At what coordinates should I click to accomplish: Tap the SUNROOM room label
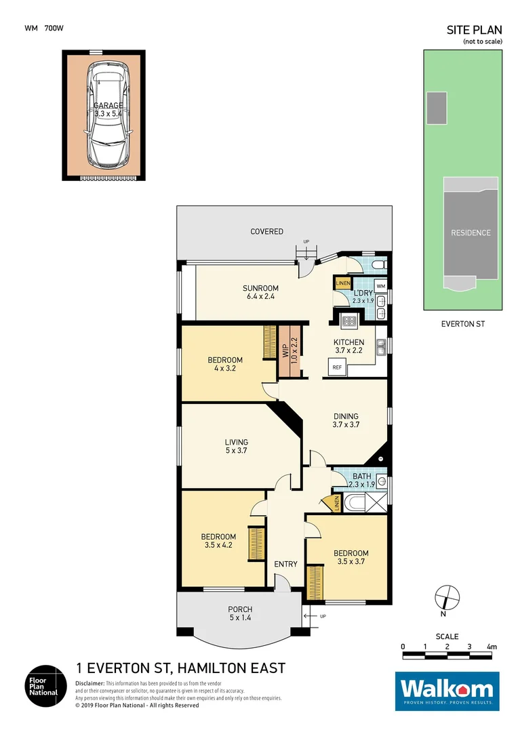[x=261, y=288]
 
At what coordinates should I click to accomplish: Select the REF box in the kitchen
[x=337, y=367]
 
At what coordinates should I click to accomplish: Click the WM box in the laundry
[x=380, y=287]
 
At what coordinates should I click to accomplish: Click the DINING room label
[x=345, y=416]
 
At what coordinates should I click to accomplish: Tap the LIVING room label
[x=237, y=442]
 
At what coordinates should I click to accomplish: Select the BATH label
[x=361, y=476]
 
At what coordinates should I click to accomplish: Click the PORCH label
[x=240, y=609]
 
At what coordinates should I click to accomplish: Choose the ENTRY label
[x=285, y=564]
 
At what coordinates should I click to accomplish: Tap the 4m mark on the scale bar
[x=491, y=647]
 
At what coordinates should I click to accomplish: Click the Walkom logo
[x=447, y=691]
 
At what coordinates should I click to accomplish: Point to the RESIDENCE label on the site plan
[x=471, y=232]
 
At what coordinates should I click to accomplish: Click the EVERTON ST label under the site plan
[x=462, y=324]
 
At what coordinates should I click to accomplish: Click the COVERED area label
[x=267, y=231]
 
